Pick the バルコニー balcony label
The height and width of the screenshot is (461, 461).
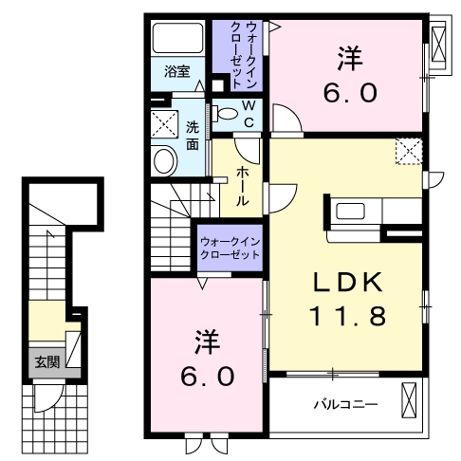tap(346, 405)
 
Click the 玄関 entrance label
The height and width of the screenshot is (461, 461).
tap(45, 360)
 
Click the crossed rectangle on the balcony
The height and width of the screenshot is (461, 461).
tap(409, 400)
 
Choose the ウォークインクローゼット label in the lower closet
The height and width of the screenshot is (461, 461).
tap(229, 248)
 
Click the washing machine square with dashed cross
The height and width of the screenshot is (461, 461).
tap(163, 124)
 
